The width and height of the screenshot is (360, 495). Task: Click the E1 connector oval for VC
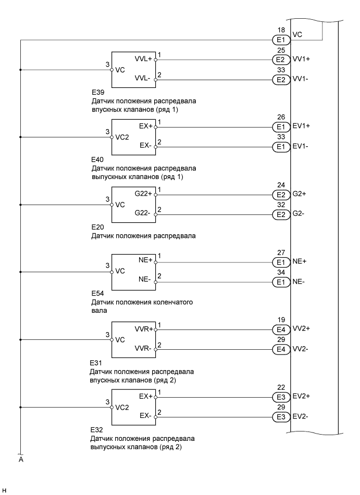pos(280,39)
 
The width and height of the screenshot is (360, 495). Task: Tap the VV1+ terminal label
pos(302,59)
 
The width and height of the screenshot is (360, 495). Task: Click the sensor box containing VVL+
pos(133,69)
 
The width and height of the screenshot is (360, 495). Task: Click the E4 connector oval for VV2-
pos(280,348)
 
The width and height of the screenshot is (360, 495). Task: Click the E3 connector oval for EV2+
pos(280,396)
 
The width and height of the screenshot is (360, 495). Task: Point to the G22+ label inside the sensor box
pos(141,194)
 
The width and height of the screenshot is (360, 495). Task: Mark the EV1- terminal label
pos(301,146)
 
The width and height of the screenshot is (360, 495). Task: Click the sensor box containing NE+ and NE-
pos(133,271)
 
